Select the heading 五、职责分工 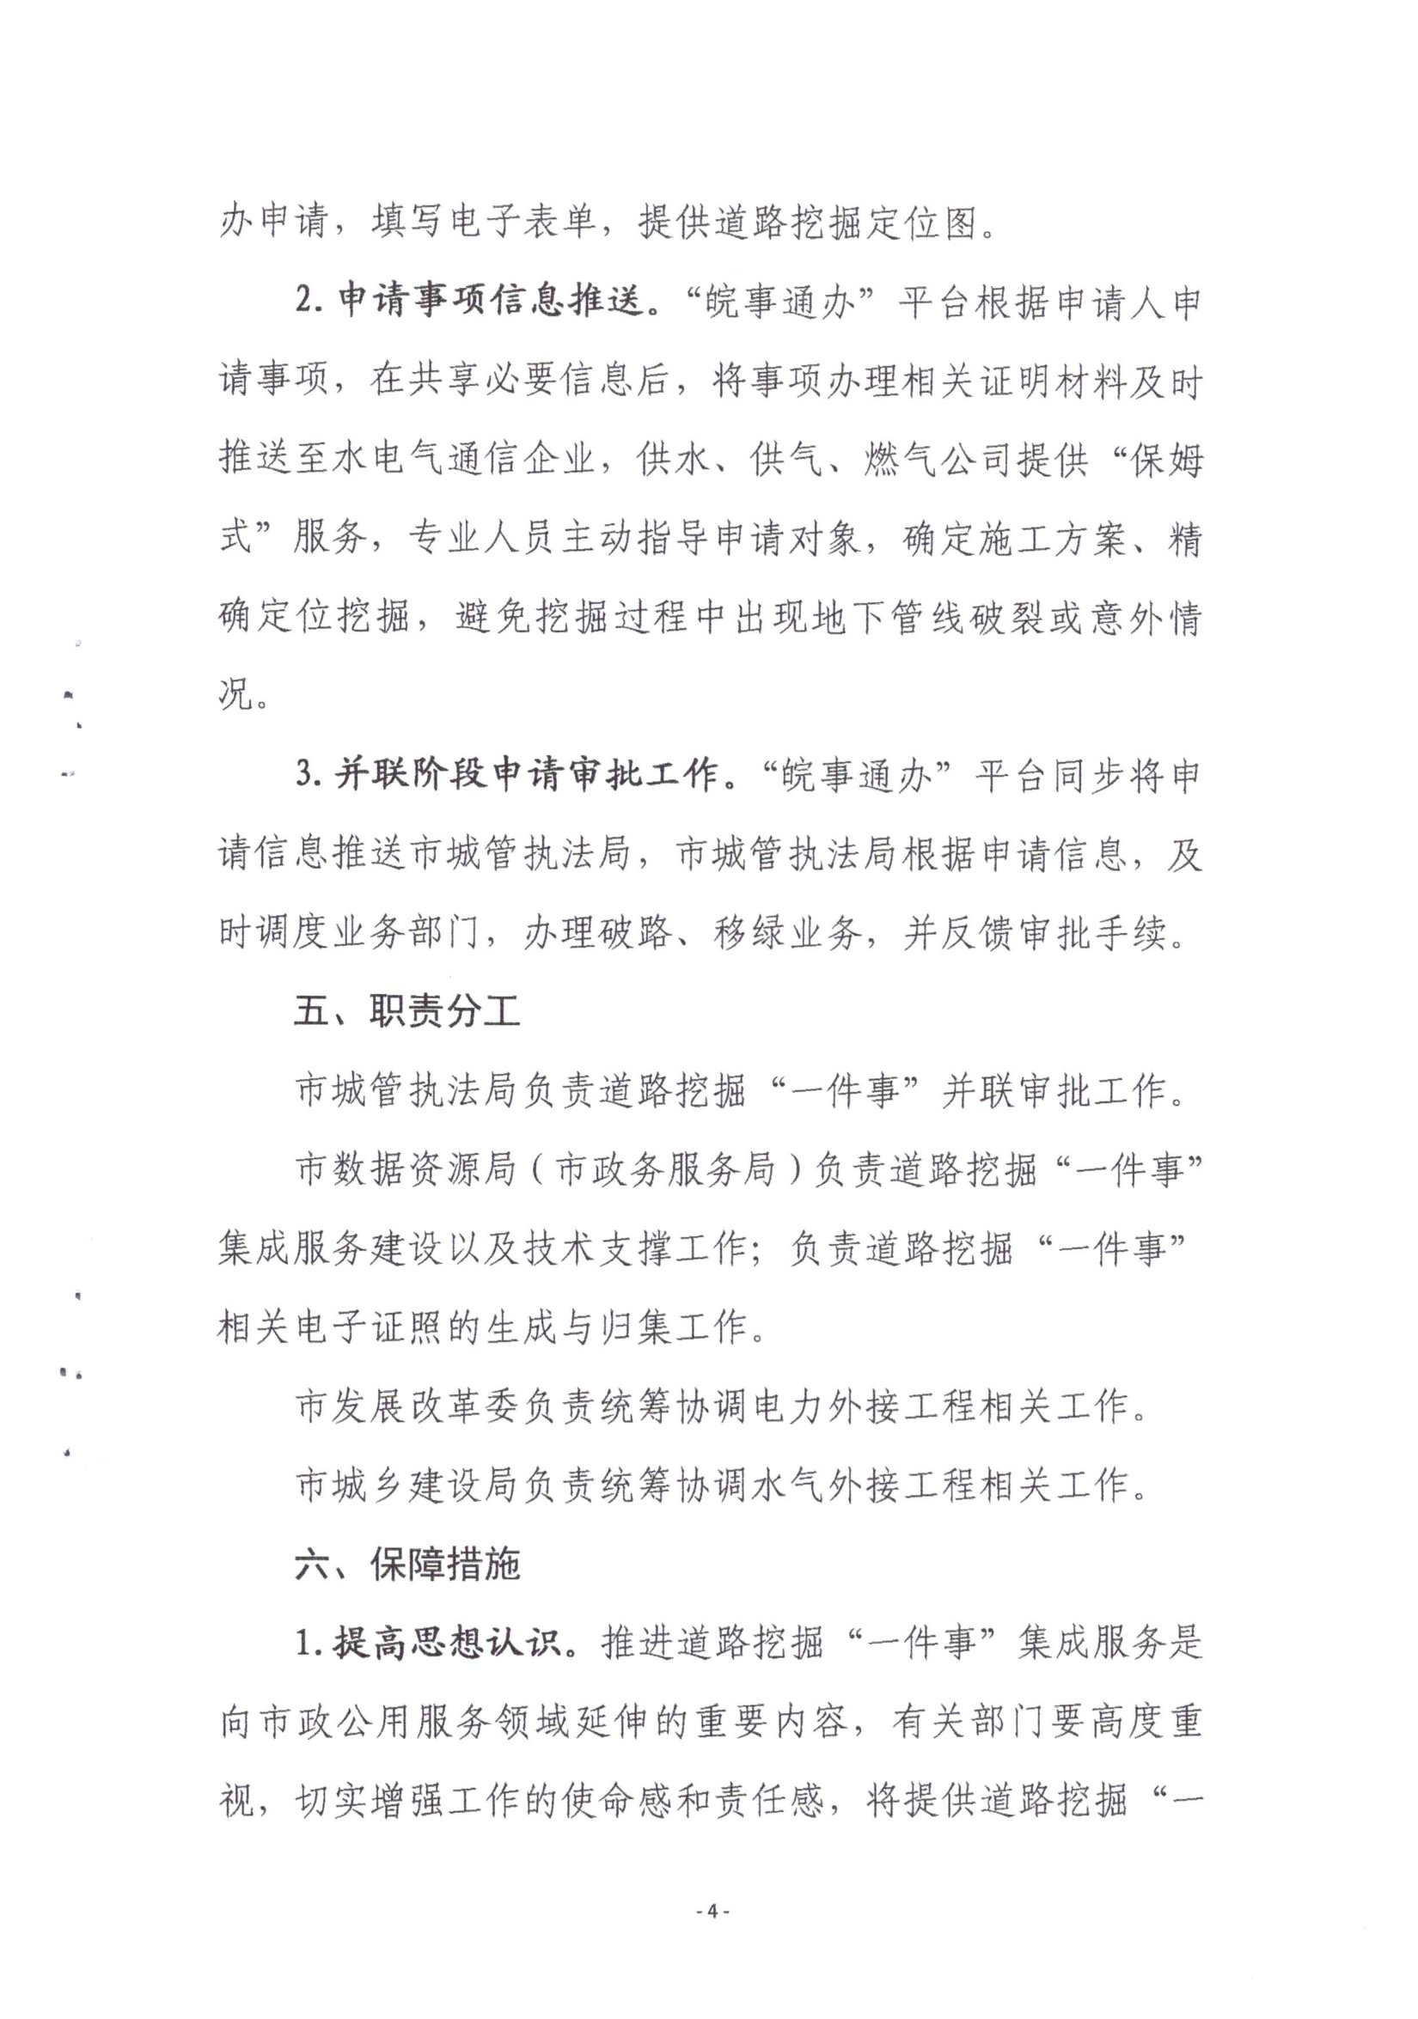406,1012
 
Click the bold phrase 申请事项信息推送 490,302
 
